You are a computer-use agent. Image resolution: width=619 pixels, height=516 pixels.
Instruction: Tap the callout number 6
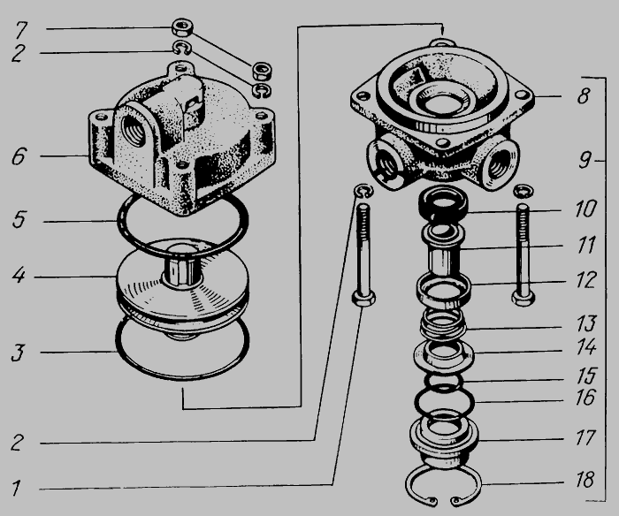click(19, 156)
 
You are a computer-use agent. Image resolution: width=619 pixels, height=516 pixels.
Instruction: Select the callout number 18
click(585, 480)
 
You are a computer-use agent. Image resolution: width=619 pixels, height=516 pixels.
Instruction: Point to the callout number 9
click(585, 160)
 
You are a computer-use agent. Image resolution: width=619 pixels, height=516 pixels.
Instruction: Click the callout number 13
click(586, 323)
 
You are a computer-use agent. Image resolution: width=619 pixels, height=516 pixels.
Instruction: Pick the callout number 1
click(16, 488)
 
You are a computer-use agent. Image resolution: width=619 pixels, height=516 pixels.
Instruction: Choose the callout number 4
click(19, 275)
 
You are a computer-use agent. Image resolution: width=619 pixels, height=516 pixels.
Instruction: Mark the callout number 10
click(585, 209)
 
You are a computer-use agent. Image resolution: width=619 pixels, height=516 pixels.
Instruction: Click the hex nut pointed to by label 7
click(182, 27)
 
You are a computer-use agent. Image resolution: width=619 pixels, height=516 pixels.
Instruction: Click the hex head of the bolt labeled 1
click(363, 298)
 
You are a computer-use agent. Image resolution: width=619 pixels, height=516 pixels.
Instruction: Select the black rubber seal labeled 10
click(443, 203)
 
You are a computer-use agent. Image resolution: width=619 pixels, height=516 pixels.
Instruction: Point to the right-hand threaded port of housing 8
click(498, 165)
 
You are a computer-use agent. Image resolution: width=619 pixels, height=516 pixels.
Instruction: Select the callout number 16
click(585, 398)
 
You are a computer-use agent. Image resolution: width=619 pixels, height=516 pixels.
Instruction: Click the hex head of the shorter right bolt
click(523, 298)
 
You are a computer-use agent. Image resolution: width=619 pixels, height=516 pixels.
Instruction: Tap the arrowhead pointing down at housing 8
click(443, 30)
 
